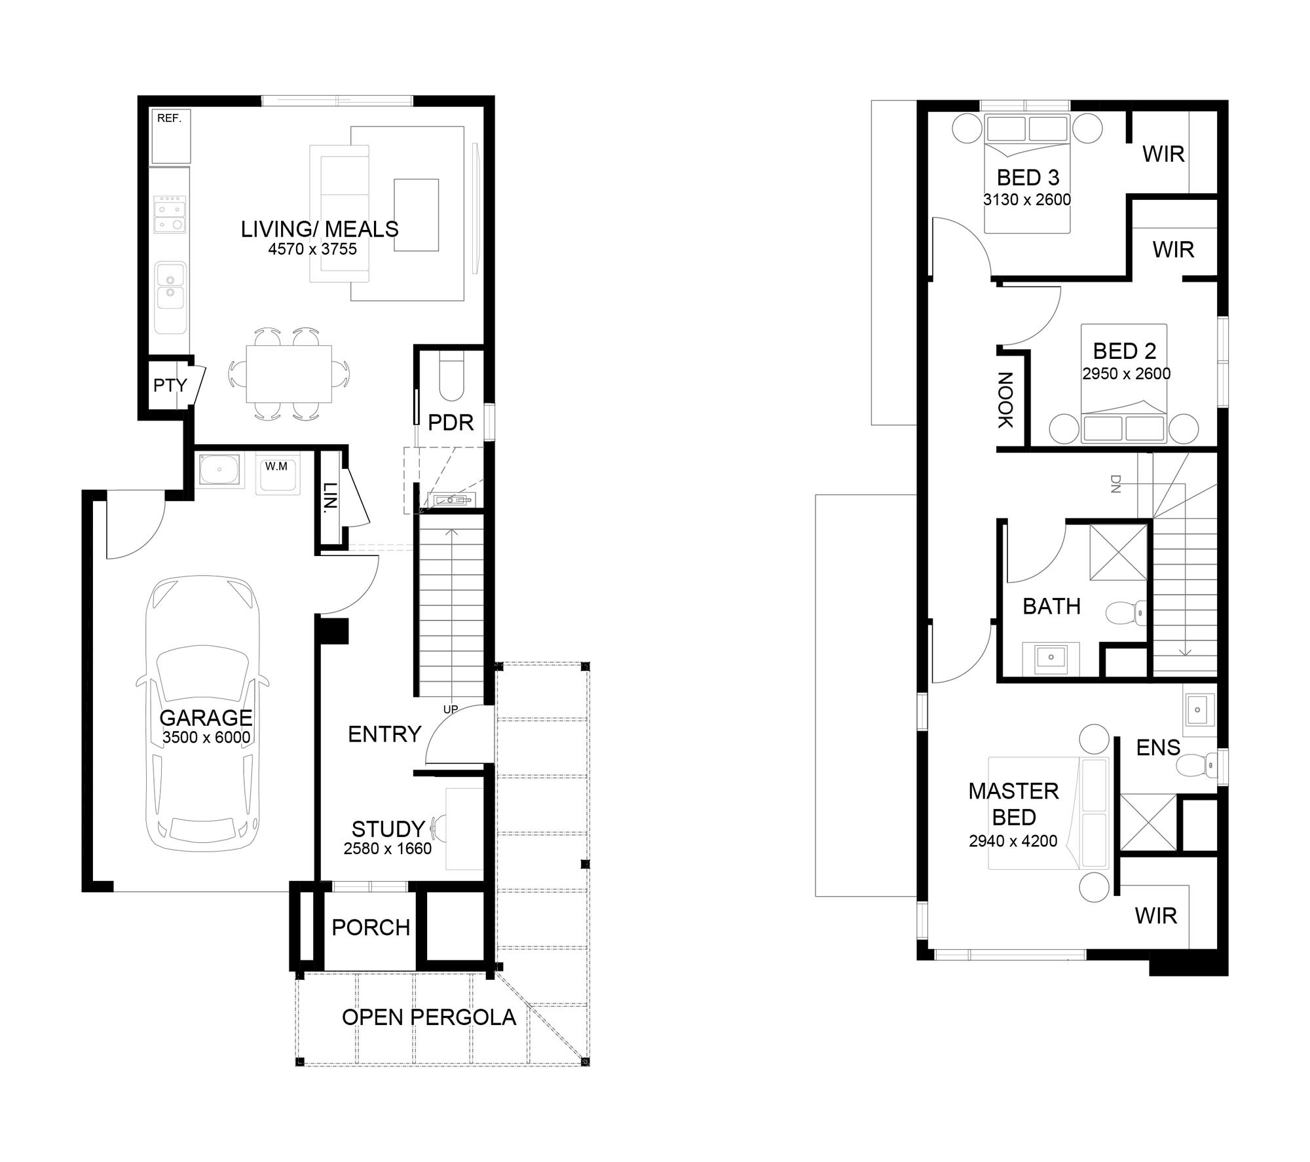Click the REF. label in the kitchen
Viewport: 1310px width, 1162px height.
pyautogui.click(x=169, y=119)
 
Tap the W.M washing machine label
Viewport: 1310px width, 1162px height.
pyautogui.click(x=276, y=466)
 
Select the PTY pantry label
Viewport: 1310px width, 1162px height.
pyautogui.click(x=170, y=385)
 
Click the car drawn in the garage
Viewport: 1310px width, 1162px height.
pyautogui.click(x=202, y=714)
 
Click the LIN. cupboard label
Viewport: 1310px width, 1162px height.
pyautogui.click(x=331, y=497)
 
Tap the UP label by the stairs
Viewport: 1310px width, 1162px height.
pyautogui.click(x=451, y=709)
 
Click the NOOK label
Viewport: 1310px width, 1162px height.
pyautogui.click(x=1005, y=400)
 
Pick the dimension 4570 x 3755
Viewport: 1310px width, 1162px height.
pyautogui.click(x=312, y=249)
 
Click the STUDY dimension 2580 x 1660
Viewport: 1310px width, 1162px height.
pyautogui.click(x=387, y=849)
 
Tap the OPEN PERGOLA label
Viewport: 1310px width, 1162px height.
pyautogui.click(x=429, y=1017)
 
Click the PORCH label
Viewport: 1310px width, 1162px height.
pyautogui.click(x=371, y=928)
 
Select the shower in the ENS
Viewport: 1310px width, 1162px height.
pyautogui.click(x=1148, y=823)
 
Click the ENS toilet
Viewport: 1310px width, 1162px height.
pyautogui.click(x=1197, y=764)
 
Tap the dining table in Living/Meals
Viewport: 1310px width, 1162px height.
pyautogui.click(x=289, y=374)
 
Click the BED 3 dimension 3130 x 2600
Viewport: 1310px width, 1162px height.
pyautogui.click(x=1027, y=200)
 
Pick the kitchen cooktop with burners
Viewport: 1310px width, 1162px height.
pyautogui.click(x=170, y=214)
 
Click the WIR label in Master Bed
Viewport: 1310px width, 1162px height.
pyautogui.click(x=1156, y=916)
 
